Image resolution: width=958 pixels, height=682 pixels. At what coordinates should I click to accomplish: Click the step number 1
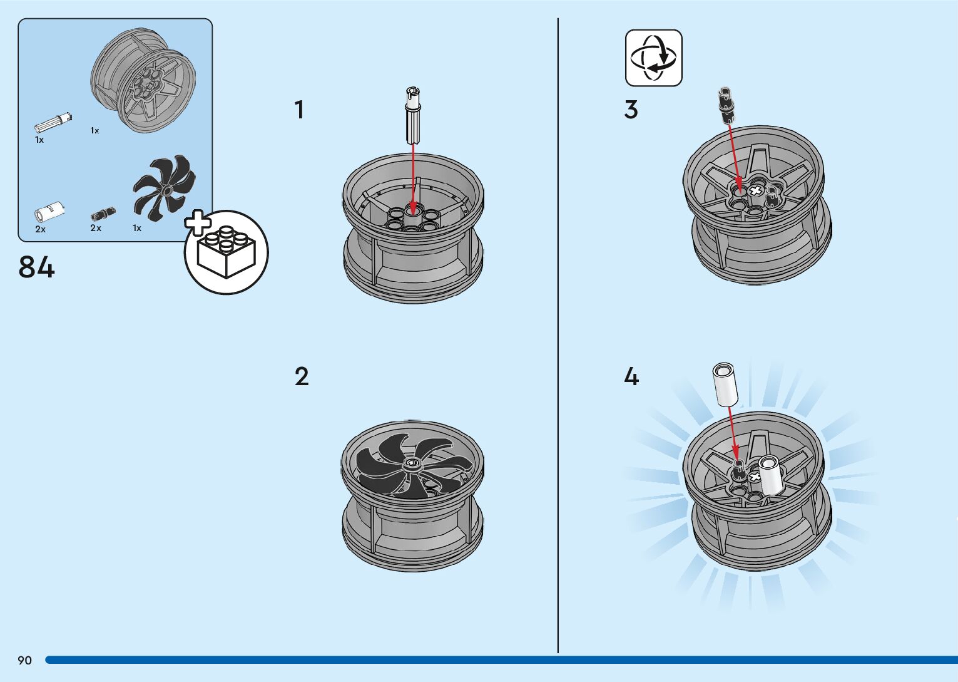point(299,110)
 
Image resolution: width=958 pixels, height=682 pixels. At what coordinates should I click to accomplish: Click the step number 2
point(301,377)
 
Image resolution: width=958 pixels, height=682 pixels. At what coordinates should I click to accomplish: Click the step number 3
point(631,110)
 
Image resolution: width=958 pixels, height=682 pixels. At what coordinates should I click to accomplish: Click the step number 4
point(631,377)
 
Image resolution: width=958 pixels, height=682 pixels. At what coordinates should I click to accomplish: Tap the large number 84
point(37,267)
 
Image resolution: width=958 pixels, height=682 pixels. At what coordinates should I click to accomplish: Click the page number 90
point(24,660)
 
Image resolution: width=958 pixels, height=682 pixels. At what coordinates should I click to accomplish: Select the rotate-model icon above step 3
point(653,58)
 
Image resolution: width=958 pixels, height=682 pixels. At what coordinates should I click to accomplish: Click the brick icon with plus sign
point(226,252)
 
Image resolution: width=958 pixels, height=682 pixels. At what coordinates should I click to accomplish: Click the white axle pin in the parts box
point(53,120)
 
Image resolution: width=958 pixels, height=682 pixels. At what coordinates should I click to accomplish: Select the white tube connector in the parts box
point(49,211)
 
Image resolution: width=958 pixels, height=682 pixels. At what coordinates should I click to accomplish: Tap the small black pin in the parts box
point(103,213)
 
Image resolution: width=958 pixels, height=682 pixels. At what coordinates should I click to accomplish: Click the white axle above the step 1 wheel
point(412,115)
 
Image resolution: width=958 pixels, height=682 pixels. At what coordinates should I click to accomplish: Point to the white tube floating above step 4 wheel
point(725,384)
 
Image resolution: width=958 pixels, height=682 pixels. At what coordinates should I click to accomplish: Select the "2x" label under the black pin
point(96,228)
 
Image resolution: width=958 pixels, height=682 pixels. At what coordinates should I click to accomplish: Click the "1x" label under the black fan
point(137,228)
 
